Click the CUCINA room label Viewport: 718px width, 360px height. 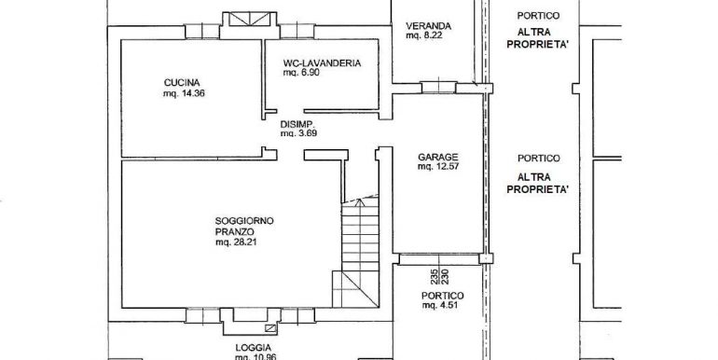click(182, 83)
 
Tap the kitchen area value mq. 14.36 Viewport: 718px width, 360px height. click(184, 93)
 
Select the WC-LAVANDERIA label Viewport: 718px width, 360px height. click(322, 63)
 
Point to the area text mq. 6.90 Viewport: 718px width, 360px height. click(300, 73)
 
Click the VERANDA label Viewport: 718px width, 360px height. click(428, 26)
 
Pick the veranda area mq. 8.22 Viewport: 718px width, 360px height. click(424, 35)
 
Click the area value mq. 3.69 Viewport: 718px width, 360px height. click(298, 133)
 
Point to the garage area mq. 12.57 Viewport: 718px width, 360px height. click(437, 167)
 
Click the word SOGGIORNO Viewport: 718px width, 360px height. click(244, 221)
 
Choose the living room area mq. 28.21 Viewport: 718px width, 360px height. click(236, 242)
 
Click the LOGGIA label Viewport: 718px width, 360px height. click(254, 348)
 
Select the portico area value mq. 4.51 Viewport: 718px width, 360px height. click(440, 306)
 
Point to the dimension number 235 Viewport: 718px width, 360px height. click(434, 277)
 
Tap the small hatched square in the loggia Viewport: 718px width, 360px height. click(271, 327)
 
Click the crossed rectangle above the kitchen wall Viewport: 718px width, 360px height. click(250, 19)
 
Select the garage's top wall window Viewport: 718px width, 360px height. click(438, 87)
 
